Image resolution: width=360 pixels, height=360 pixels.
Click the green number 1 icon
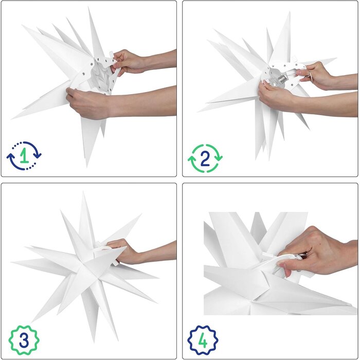[24, 156]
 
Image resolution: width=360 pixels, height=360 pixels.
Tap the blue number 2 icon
[205, 158]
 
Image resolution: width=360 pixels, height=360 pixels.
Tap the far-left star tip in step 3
[15, 263]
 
